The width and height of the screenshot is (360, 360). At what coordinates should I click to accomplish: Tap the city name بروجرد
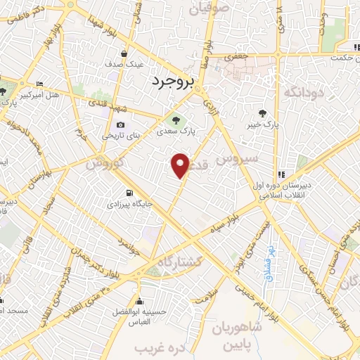[x=172, y=84]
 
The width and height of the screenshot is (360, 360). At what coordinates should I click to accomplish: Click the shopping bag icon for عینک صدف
[x=124, y=53]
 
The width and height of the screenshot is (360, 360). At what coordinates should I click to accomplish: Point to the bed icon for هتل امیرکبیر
[x=39, y=83]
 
